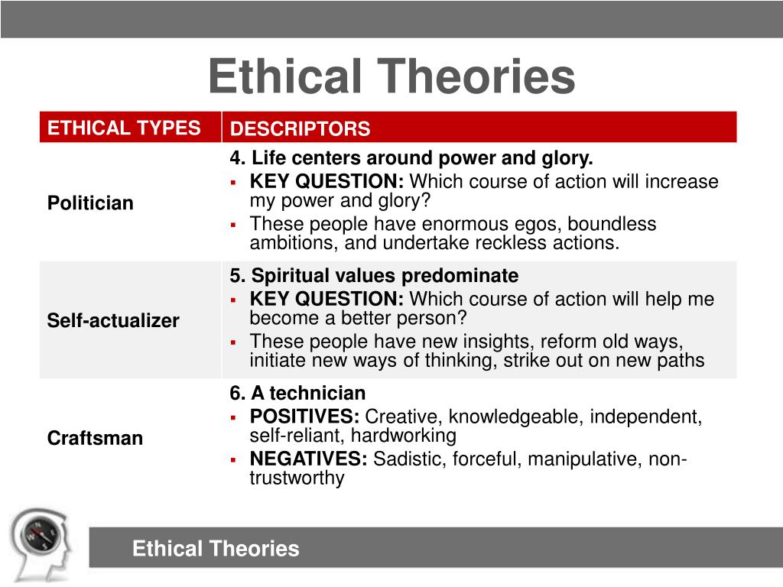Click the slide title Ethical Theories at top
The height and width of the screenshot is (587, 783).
(x=391, y=77)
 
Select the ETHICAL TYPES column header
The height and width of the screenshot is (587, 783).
(x=124, y=128)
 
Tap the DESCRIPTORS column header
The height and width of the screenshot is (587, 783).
(x=300, y=129)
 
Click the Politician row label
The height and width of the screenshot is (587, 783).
(x=90, y=203)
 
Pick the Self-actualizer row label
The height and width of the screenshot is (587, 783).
(x=113, y=320)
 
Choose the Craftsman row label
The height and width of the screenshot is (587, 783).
(x=95, y=438)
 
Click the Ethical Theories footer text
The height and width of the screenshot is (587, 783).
(x=216, y=548)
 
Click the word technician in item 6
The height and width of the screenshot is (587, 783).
(x=317, y=394)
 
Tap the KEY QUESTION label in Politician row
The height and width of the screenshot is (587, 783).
(x=327, y=182)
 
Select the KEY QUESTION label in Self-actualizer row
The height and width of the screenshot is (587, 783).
(x=327, y=299)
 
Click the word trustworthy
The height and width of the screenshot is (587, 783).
(x=297, y=478)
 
